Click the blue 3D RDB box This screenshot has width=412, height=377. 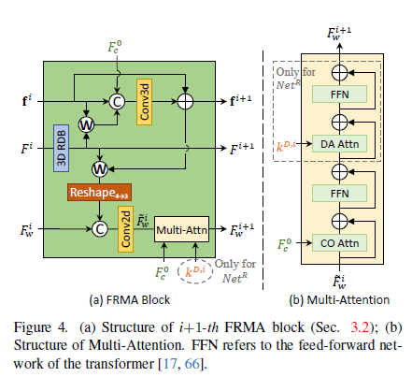[61, 148]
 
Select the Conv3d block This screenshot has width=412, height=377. [144, 102]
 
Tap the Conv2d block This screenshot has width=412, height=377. [125, 229]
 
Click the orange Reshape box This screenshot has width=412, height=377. [99, 192]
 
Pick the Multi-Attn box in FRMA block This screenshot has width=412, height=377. [181, 229]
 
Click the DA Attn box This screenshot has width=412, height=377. [339, 144]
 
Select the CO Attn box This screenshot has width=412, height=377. [339, 243]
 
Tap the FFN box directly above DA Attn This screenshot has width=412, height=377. [339, 94]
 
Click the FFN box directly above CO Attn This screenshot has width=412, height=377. [339, 194]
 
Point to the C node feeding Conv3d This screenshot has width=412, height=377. [117, 102]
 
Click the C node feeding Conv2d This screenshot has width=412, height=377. [100, 229]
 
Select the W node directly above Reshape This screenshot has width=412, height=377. [100, 169]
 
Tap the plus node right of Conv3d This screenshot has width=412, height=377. [185, 102]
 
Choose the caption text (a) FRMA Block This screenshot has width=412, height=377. [130, 300]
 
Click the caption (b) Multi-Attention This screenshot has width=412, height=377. [339, 300]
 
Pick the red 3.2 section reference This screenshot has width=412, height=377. [360, 327]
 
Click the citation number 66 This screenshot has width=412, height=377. [192, 364]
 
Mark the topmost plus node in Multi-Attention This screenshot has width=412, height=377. [339, 73]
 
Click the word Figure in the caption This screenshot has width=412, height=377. [33, 327]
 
